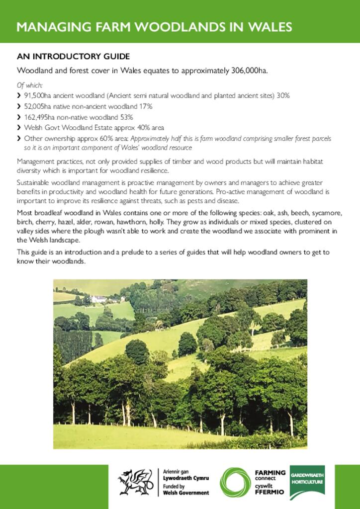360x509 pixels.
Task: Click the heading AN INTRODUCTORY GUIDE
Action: pyautogui.click(x=73, y=56)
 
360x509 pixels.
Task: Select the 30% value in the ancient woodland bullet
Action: pyautogui.click(x=283, y=94)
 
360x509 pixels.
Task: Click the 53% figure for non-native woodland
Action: pyautogui.click(x=126, y=117)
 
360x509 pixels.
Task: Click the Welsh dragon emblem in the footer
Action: pyautogui.click(x=135, y=482)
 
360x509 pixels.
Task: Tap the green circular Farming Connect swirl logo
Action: pyautogui.click(x=236, y=482)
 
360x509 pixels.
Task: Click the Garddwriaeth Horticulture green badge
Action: pyautogui.click(x=307, y=482)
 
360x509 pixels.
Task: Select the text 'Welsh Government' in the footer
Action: pyautogui.click(x=186, y=493)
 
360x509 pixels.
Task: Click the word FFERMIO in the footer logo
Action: pyautogui.click(x=270, y=492)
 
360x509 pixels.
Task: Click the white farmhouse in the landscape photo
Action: pyautogui.click(x=99, y=299)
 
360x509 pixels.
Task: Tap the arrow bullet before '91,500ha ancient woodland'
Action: pyautogui.click(x=19, y=95)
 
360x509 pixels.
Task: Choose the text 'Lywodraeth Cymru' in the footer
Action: pyautogui.click(x=186, y=478)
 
